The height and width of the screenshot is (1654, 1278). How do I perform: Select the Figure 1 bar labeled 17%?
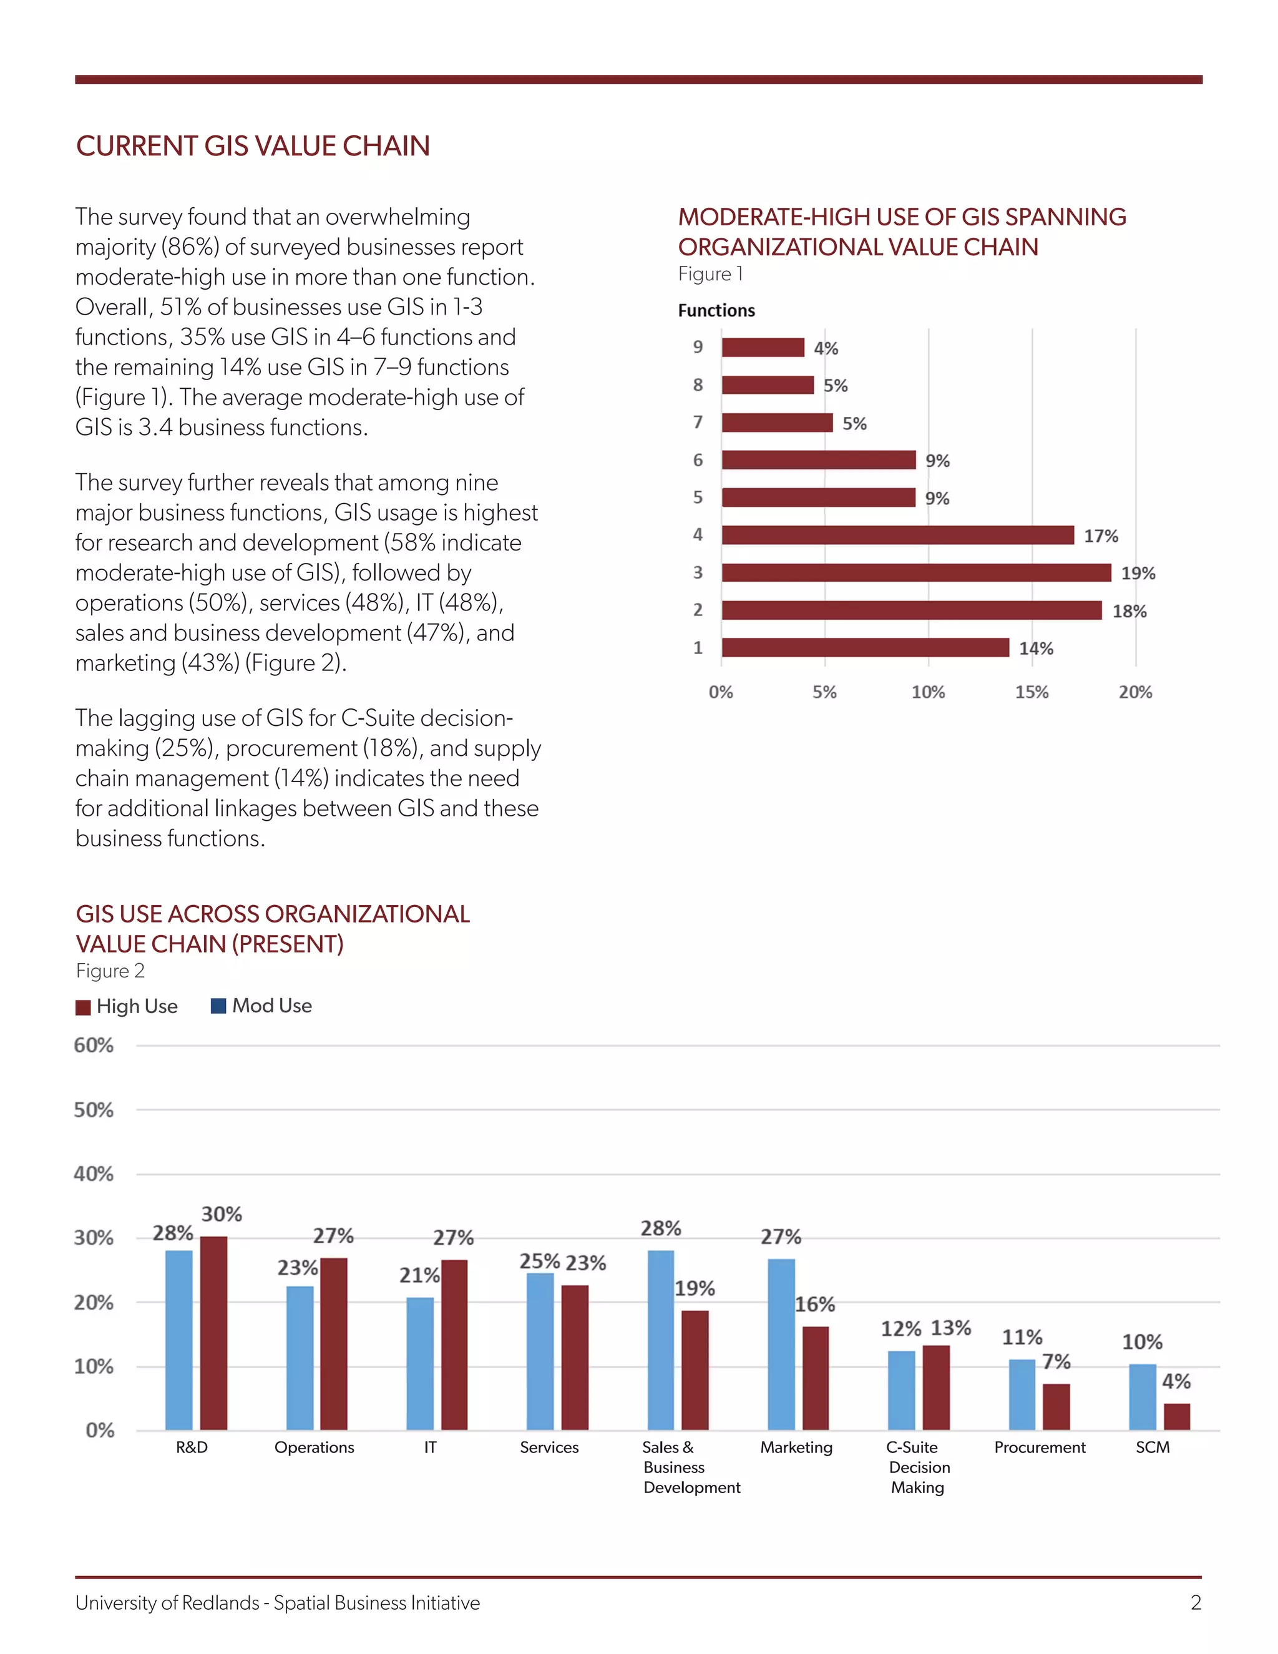[897, 536]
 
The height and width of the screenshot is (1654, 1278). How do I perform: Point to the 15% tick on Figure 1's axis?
[1031, 692]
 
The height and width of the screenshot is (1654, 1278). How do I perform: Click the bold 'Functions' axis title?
[716, 310]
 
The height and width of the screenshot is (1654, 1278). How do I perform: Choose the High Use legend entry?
[127, 1007]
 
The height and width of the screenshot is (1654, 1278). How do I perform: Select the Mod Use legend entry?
[262, 1006]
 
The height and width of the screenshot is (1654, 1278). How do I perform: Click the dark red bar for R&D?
[213, 1333]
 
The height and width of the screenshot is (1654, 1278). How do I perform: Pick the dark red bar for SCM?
[1176, 1417]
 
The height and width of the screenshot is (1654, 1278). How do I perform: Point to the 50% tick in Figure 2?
[94, 1110]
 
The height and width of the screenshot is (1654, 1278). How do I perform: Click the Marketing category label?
[796, 1447]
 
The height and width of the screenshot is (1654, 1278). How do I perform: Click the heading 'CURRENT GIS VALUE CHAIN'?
[253, 146]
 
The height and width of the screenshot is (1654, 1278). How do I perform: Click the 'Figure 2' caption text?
[110, 971]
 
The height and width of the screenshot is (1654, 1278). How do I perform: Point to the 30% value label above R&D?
[222, 1214]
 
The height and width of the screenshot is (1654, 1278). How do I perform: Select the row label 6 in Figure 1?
[697, 460]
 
